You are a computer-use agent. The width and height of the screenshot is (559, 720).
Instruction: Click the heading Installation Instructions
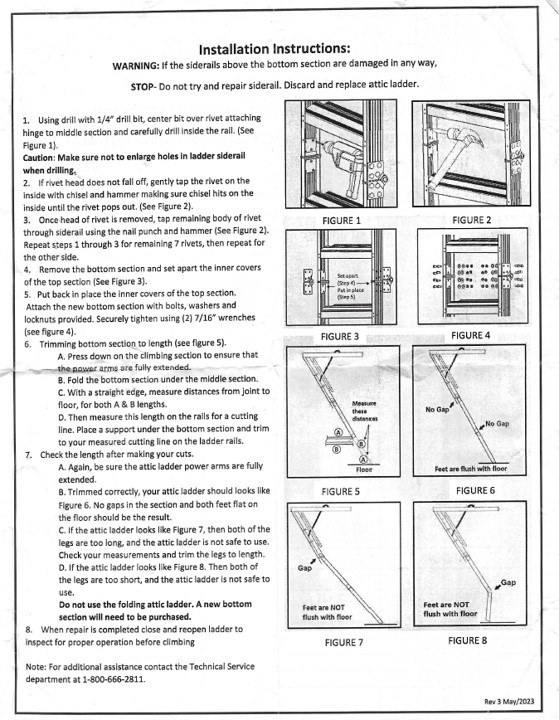pos(274,48)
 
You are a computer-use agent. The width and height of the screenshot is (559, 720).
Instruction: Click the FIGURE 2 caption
pos(471,218)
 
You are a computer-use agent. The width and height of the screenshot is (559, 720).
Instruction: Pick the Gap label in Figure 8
pos(507,581)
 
